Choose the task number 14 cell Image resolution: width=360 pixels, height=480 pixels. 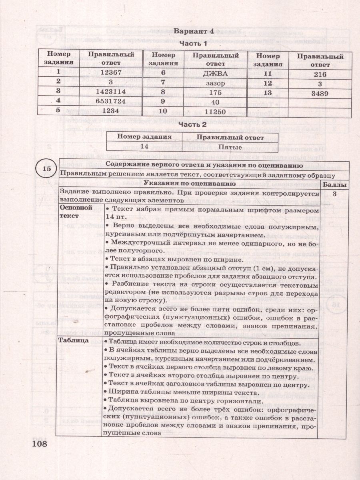pos(144,147)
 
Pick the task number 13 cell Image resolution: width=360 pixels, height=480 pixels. pos(268,93)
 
